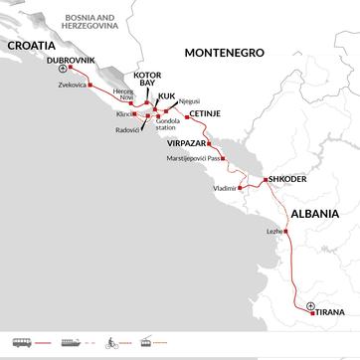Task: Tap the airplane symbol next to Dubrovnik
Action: pyautogui.click(x=65, y=71)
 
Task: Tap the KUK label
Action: pyautogui.click(x=166, y=95)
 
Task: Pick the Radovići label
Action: pyautogui.click(x=128, y=131)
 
